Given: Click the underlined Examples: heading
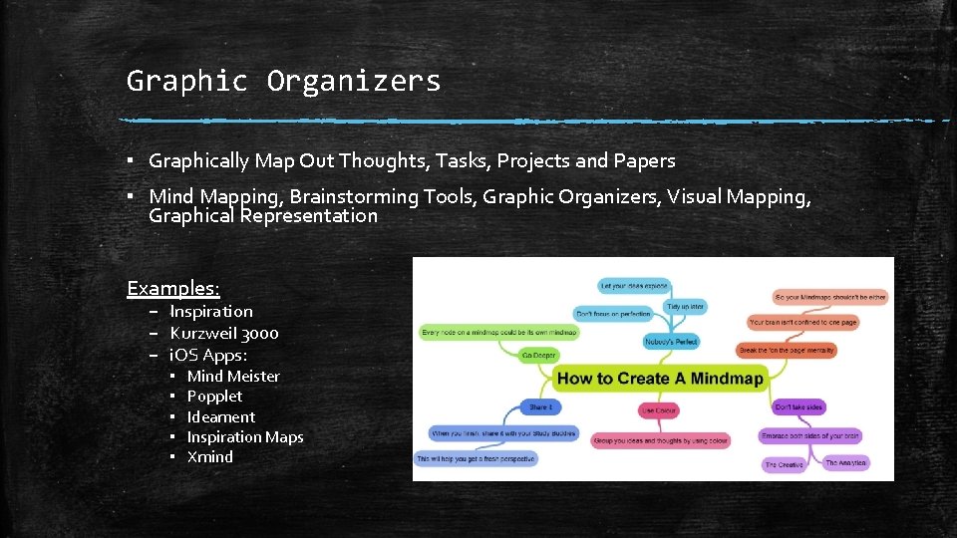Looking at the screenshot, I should tap(172, 289).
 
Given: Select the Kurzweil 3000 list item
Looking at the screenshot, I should tap(224, 333).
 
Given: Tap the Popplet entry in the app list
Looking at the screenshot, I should tap(214, 396).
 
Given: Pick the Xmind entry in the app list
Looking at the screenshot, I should tap(210, 456).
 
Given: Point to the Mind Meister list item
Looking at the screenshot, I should tap(233, 376).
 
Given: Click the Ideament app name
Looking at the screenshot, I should tap(221, 416).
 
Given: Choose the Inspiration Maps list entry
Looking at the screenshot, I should tap(245, 436).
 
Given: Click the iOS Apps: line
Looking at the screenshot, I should tap(208, 355).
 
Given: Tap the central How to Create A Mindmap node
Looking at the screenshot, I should tap(658, 379).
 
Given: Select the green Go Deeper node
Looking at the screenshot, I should tap(539, 355).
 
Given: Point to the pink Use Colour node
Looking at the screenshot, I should tap(659, 409).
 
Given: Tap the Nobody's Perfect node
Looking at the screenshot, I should tap(671, 342).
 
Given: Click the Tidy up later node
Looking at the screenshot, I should tap(685, 307).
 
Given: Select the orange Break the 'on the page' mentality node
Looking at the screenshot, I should tap(787, 350).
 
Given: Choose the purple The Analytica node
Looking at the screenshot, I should tap(845, 463).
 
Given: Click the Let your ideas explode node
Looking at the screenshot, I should tap(634, 286).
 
